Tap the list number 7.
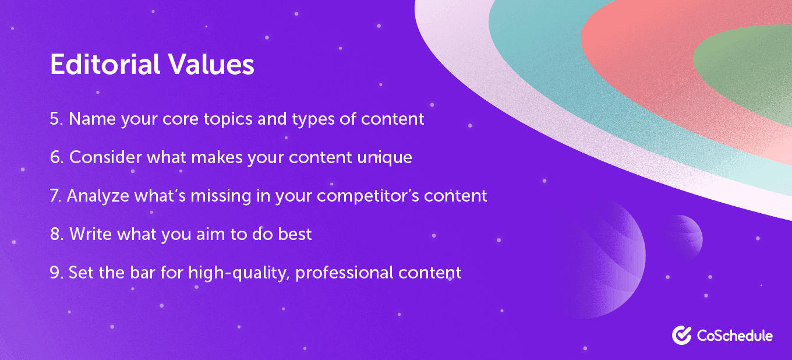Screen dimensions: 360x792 (x=55, y=196)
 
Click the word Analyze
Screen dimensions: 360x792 (x=97, y=196)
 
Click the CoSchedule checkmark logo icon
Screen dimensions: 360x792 (x=681, y=335)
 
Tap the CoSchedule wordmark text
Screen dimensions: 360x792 (x=734, y=336)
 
